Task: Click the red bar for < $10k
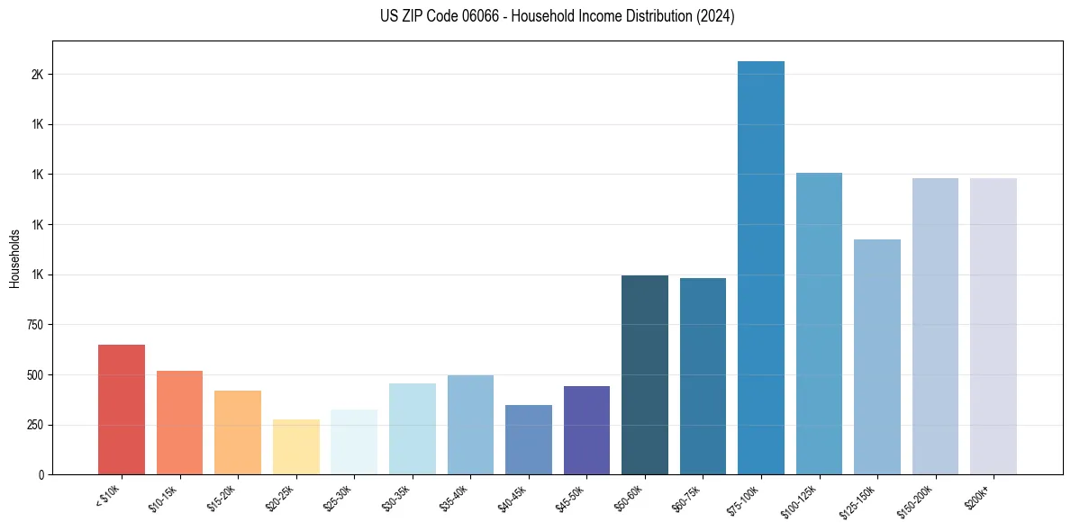tap(121, 409)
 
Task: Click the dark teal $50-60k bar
tap(644, 374)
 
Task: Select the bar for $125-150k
tap(876, 356)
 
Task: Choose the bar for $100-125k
tap(819, 323)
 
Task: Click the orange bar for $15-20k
tap(238, 432)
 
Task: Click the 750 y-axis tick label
tap(35, 325)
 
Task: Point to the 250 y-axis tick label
tap(35, 425)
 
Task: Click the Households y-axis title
tap(14, 257)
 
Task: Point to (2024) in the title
tap(715, 16)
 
